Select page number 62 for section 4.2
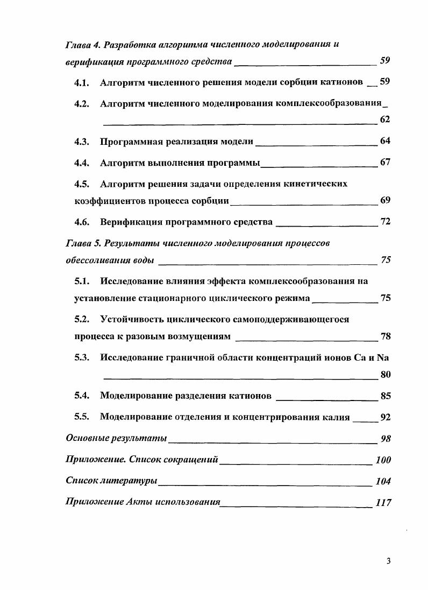pos(385,120)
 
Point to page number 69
pos(385,201)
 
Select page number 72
pos(385,222)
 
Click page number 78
pos(385,336)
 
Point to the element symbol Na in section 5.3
pos(383,357)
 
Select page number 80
pos(385,375)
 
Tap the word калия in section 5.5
pos(337,417)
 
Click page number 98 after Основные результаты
pos(385,439)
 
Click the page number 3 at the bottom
pos(388,561)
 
